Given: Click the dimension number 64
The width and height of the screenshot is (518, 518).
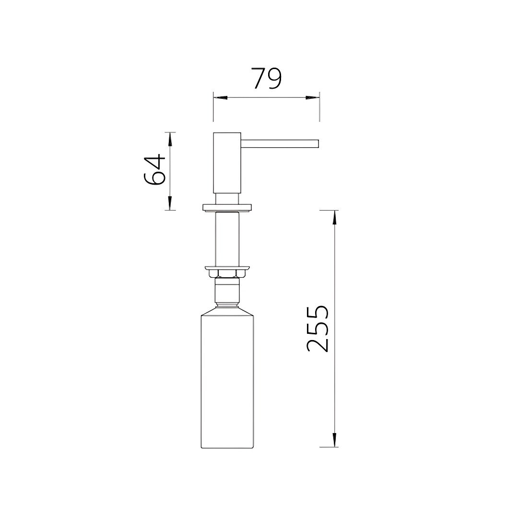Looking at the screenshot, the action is click(154, 169).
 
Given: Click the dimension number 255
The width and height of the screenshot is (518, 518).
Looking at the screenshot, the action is click(318, 329).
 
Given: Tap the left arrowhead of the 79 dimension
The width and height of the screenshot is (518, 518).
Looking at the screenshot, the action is click(220, 98).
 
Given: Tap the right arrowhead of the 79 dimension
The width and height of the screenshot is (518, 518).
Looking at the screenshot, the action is click(312, 98).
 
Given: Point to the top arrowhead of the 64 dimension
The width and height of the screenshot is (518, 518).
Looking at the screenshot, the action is click(170, 139).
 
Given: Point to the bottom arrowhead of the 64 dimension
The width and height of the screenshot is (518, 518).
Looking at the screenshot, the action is click(170, 203).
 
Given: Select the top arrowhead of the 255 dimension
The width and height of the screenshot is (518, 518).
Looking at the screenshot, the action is click(335, 217).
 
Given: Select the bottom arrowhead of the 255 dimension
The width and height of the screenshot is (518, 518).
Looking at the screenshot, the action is click(335, 440).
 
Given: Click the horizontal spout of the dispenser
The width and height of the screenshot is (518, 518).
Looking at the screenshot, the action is click(280, 143).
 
